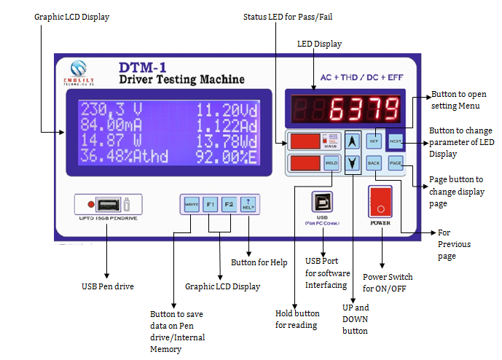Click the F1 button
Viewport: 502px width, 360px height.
coord(211,203)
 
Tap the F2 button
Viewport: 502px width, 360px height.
coord(229,203)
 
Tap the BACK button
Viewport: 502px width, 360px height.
coord(374,163)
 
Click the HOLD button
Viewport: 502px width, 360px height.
coord(331,163)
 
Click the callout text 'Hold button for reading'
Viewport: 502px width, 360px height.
coord(296,319)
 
